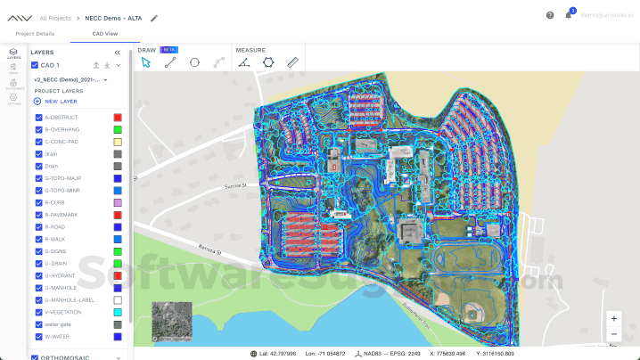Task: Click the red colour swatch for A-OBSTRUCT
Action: click(118, 118)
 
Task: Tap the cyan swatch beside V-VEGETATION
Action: click(118, 313)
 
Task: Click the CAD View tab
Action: click(105, 33)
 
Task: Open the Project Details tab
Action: click(36, 33)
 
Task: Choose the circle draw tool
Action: click(194, 63)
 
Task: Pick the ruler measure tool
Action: click(292, 63)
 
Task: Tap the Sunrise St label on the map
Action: click(236, 185)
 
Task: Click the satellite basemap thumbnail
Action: click(171, 322)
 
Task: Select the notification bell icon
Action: click(568, 15)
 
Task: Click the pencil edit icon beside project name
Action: click(154, 18)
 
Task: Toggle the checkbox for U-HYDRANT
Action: click(38, 276)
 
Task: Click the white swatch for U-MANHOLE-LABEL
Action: click(118, 300)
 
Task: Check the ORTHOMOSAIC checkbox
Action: click(35, 357)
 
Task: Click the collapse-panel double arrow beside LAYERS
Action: click(117, 53)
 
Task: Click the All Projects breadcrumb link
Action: click(55, 18)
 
